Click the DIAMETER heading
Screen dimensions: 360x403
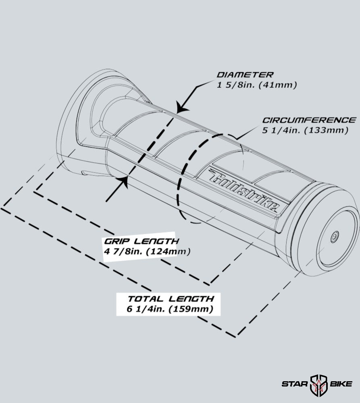(245, 75)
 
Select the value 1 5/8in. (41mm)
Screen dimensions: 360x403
(257, 85)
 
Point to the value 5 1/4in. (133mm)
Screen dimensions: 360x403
(305, 130)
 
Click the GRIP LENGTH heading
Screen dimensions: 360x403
(142, 241)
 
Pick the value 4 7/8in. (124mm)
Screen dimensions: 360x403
(147, 251)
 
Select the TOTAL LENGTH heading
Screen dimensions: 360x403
(171, 299)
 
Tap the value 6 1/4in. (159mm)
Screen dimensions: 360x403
(170, 309)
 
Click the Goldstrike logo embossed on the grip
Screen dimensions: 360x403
(244, 190)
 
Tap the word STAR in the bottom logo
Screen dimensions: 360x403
(295, 384)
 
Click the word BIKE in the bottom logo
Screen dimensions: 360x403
(341, 384)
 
